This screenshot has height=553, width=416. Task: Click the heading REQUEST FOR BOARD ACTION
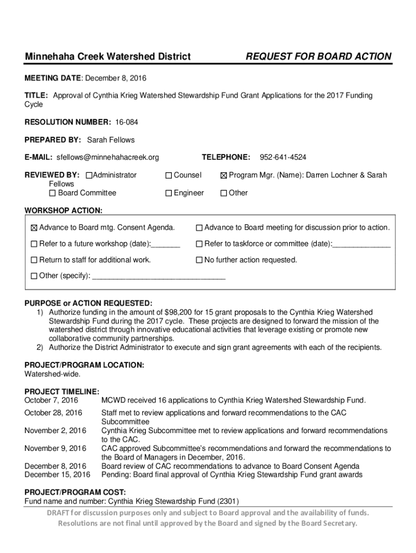click(x=319, y=57)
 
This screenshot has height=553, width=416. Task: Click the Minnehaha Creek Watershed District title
click(x=108, y=57)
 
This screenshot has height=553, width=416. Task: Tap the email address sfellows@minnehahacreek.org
click(x=108, y=157)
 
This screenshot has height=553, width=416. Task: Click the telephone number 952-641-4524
click(x=283, y=157)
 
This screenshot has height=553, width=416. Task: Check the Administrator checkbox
click(x=89, y=175)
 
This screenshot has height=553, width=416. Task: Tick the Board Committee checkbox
click(x=52, y=193)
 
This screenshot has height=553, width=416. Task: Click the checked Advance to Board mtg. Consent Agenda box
click(x=35, y=228)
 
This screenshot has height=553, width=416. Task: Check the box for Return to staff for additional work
click(x=35, y=260)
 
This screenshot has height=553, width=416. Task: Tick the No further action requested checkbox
click(x=199, y=260)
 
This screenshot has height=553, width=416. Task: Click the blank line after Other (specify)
click(x=159, y=276)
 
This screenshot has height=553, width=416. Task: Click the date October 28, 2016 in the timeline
click(x=53, y=413)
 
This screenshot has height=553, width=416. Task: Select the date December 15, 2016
click(x=57, y=475)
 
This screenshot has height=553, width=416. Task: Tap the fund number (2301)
click(x=229, y=501)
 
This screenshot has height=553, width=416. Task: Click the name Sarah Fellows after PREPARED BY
click(x=111, y=140)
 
